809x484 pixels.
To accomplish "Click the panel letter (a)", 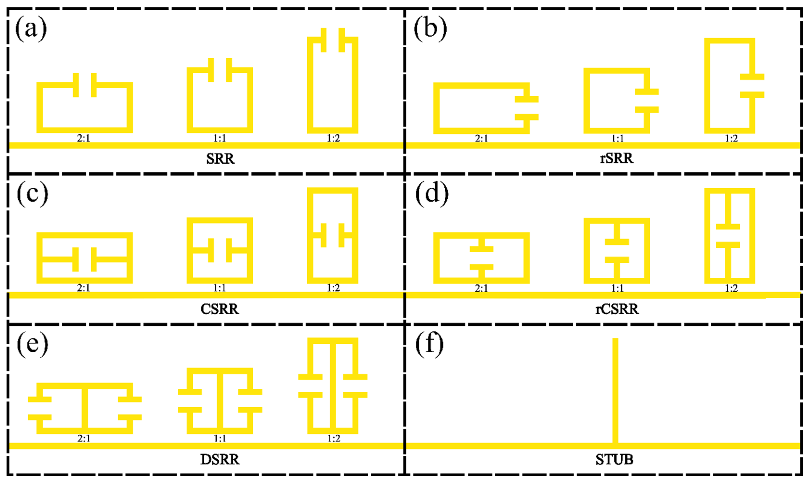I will (x=31, y=29).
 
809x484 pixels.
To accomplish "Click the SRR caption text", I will (x=220, y=159).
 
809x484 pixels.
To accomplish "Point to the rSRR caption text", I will (x=617, y=159).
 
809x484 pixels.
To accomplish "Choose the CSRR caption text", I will (x=220, y=309).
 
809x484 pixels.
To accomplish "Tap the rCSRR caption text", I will (x=617, y=309).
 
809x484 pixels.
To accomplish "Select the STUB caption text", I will (x=614, y=459).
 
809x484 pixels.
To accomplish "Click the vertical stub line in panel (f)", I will (x=615, y=391).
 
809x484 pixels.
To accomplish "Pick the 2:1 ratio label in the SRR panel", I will (x=83, y=138).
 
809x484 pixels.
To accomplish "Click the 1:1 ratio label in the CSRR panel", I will (x=220, y=288).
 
